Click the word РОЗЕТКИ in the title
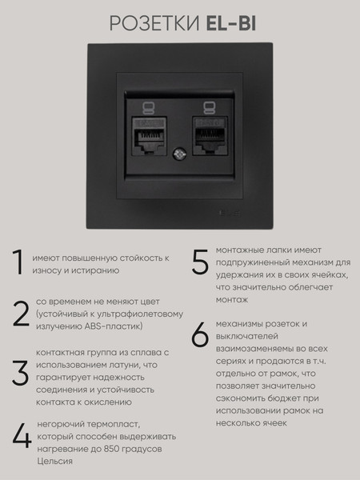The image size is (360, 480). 154,24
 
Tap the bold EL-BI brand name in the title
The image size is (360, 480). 231,24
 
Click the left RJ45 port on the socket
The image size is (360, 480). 150,136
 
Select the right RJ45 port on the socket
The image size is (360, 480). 210,136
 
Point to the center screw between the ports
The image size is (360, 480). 178,154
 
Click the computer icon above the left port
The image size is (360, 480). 149,108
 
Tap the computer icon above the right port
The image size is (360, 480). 210,108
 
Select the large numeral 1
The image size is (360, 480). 18,262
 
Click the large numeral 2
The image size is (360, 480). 21,314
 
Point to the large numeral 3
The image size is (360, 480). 20,373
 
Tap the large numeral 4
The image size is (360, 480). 22,436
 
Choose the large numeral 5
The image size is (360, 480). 200,262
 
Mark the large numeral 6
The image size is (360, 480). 200,334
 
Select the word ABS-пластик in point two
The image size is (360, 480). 114,326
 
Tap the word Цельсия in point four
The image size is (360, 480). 54,462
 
